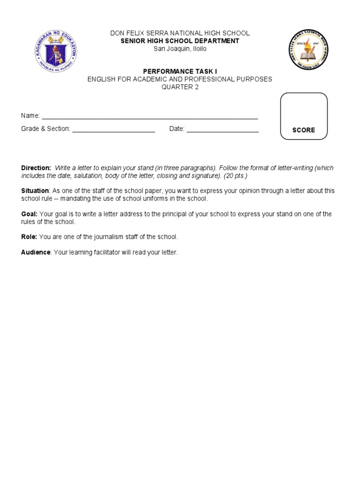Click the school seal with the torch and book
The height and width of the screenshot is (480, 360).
point(308,50)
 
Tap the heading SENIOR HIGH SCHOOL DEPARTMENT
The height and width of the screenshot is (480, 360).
point(180,41)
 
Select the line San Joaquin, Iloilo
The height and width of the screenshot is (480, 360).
point(180,49)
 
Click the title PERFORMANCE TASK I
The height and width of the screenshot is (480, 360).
point(180,71)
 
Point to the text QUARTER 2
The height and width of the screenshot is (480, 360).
point(180,87)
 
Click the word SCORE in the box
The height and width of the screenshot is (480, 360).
point(304,130)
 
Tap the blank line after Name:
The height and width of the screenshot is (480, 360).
point(150,116)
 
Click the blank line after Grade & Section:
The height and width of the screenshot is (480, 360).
point(113,129)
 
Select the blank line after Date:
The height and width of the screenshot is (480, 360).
point(223,129)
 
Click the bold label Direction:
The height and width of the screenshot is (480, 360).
point(36,168)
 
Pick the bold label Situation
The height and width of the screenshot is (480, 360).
point(35,191)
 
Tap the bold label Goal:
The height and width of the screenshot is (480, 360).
point(29,214)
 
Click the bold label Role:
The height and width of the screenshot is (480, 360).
point(29,237)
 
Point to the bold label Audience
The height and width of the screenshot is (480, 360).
point(36,252)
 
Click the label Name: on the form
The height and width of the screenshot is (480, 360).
point(30,116)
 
